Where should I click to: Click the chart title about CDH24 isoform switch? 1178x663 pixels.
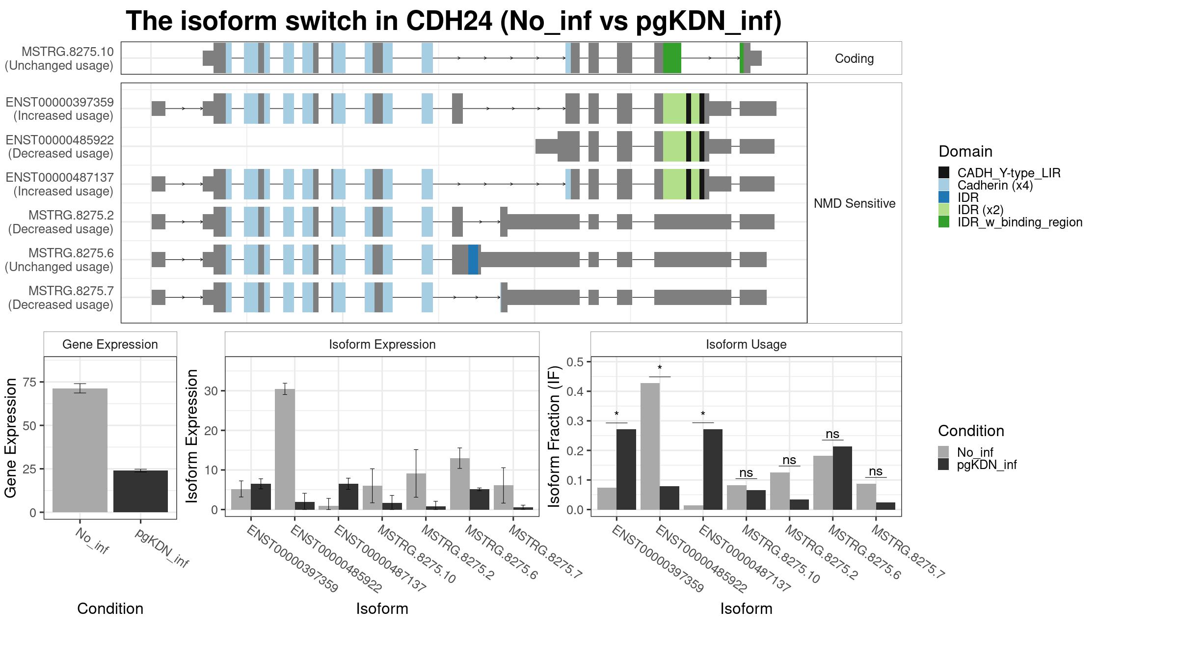(454, 22)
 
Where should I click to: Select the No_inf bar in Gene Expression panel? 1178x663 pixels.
(80, 450)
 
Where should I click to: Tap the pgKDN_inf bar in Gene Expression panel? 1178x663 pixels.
(140, 491)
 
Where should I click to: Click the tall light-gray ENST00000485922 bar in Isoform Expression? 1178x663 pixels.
(285, 449)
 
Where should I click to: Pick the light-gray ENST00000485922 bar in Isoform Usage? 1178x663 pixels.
(650, 446)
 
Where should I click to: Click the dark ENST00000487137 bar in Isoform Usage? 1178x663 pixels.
(713, 470)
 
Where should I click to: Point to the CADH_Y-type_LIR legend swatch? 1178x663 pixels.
(944, 173)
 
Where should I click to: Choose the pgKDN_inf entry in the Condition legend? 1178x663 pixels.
(977, 465)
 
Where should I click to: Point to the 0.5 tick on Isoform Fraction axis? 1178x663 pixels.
(575, 362)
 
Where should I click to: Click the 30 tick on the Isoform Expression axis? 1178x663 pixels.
(212, 391)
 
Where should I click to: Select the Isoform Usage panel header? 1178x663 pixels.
(746, 344)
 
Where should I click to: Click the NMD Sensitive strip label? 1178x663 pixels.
(855, 203)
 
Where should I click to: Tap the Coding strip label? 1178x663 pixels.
(855, 58)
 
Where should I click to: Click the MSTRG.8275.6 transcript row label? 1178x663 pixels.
(59, 260)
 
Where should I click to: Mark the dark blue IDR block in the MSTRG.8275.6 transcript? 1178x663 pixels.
(473, 259)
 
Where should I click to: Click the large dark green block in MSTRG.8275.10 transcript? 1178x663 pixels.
(672, 58)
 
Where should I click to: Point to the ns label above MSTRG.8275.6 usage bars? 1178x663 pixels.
(832, 434)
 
